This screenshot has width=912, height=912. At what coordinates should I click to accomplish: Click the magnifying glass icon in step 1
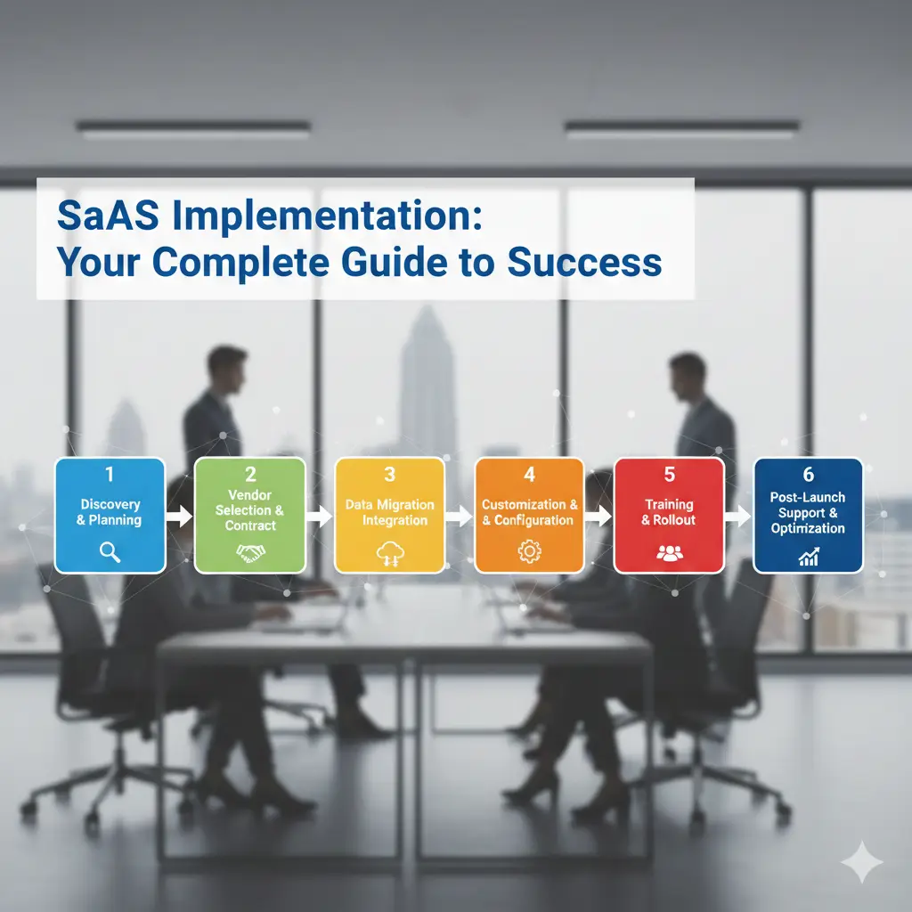tap(110, 552)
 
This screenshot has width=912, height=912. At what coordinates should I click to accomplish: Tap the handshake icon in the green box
tap(250, 554)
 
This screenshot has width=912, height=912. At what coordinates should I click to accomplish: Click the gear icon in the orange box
tap(529, 553)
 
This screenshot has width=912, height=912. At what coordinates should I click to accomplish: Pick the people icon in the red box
tap(669, 553)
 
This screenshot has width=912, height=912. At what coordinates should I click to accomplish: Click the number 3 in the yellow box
tap(389, 475)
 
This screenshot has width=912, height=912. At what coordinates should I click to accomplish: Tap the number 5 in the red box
tap(669, 475)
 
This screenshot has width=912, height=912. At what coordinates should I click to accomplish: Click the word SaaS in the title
tap(100, 217)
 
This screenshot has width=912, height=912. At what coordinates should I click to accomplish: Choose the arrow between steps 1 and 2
tap(179, 515)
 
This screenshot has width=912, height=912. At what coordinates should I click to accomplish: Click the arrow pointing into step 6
tap(738, 515)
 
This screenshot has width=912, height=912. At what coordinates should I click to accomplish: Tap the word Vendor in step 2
tap(249, 495)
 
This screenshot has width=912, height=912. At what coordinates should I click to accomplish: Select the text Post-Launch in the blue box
tap(808, 497)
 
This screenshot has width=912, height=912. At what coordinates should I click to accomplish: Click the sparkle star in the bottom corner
tap(861, 860)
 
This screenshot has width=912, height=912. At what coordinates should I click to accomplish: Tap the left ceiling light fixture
tap(193, 130)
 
